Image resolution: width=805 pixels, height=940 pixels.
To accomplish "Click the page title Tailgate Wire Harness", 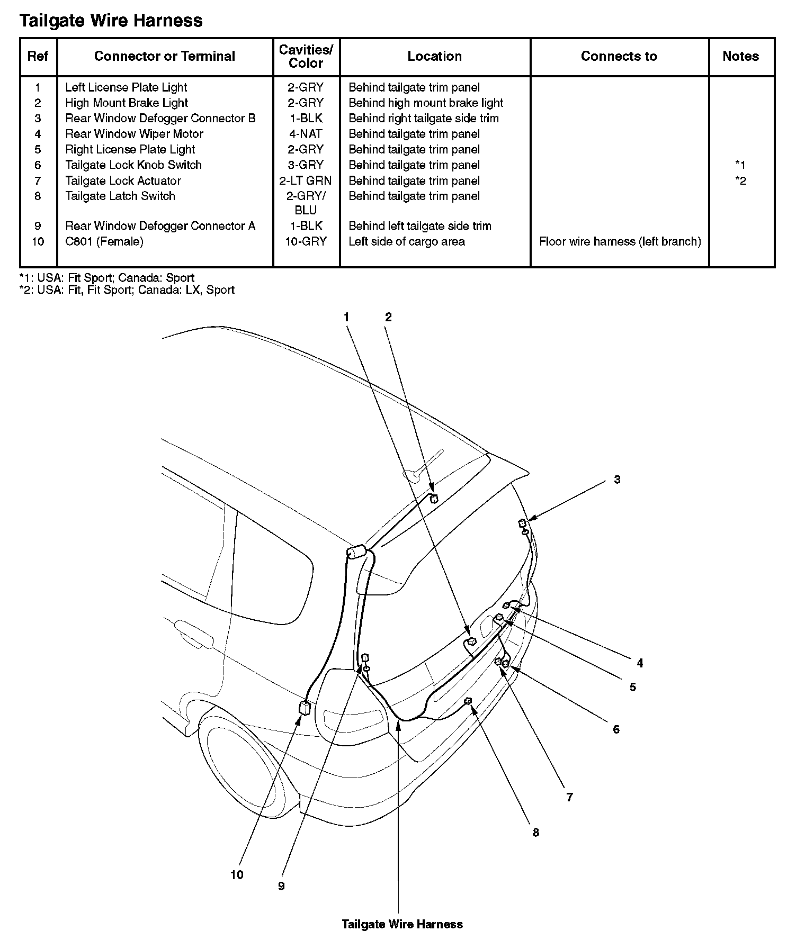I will point(111,21).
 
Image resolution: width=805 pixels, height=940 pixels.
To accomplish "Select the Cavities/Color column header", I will point(306,56).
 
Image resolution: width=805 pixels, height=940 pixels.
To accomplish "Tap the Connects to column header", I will point(619,56).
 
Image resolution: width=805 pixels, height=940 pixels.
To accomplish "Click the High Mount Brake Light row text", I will point(127,103).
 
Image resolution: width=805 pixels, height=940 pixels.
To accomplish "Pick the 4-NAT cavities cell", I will point(306,134).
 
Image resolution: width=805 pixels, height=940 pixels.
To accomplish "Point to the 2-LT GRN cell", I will point(306,180).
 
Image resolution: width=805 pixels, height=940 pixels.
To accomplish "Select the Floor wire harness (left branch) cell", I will point(620,241).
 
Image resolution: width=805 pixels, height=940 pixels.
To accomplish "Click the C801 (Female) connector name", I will point(104,241).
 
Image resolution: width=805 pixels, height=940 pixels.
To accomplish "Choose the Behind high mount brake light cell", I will point(426,103).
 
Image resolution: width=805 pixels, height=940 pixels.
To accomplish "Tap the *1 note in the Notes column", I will point(740,165).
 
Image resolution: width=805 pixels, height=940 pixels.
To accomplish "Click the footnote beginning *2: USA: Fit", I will point(127,290).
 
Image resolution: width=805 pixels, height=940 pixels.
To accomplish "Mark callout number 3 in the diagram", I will point(617,480).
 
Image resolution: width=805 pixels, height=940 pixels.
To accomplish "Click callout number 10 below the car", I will point(237,875).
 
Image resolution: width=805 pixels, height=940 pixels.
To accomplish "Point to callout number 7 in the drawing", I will point(569,797).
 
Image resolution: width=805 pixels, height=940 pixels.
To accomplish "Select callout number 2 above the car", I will point(388,317).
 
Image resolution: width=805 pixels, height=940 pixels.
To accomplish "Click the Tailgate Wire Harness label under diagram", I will point(402,925).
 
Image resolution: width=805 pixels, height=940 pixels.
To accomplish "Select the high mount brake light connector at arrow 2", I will point(434,498).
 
